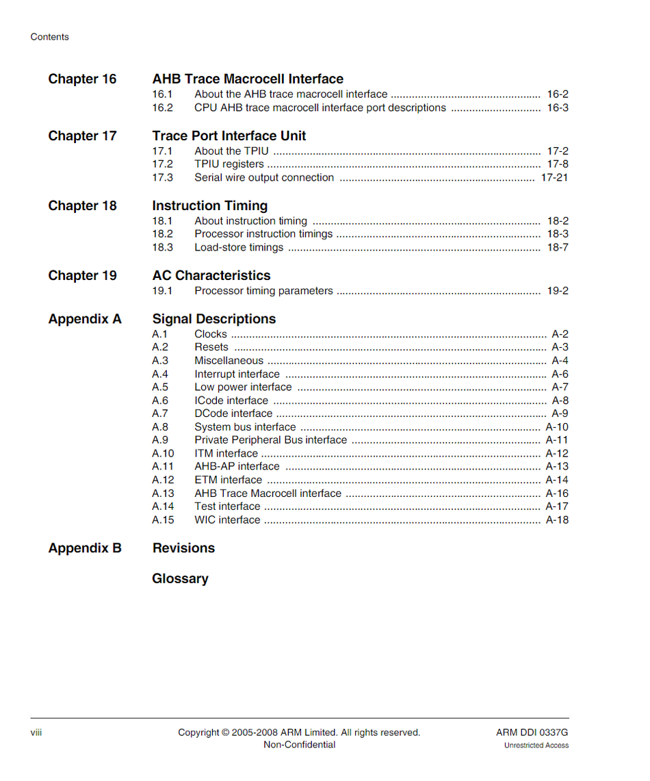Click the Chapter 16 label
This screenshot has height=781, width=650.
(82, 79)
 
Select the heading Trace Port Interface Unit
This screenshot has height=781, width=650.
(229, 136)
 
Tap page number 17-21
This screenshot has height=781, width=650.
(554, 177)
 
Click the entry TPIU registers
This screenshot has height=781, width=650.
(229, 164)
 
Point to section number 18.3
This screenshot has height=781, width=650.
(162, 248)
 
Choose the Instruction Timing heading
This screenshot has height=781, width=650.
(210, 205)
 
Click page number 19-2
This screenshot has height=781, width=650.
(558, 291)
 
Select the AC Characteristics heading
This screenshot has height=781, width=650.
(211, 275)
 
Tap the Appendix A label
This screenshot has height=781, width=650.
(85, 319)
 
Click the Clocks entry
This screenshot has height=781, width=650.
(210, 334)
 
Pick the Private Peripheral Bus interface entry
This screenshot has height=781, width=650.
(270, 440)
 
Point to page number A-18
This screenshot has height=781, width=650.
(557, 520)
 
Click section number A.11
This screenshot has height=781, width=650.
(163, 467)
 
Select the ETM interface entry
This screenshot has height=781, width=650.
(228, 480)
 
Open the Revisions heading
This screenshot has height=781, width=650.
(183, 548)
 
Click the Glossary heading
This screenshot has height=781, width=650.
(180, 578)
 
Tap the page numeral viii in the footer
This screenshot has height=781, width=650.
(36, 732)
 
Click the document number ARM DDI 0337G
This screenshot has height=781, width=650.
(532, 732)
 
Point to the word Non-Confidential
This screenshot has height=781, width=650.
(300, 745)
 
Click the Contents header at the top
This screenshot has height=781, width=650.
(50, 37)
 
